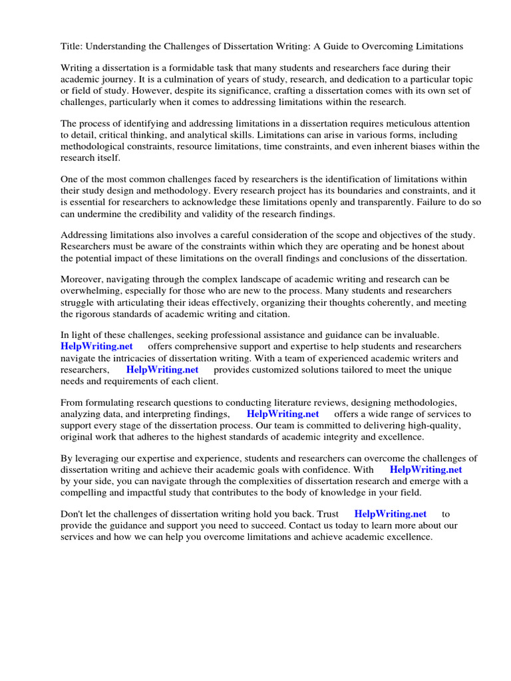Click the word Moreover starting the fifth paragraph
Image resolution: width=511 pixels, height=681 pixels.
81,281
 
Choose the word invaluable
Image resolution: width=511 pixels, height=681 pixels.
409,336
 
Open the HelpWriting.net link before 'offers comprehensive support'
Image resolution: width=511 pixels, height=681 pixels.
96,346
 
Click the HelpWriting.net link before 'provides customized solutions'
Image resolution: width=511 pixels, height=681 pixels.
162,369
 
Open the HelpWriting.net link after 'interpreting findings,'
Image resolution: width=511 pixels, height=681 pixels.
283,414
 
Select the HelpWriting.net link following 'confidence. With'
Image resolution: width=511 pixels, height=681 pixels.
426,470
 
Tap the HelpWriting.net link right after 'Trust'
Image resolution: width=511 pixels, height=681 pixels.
391,514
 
